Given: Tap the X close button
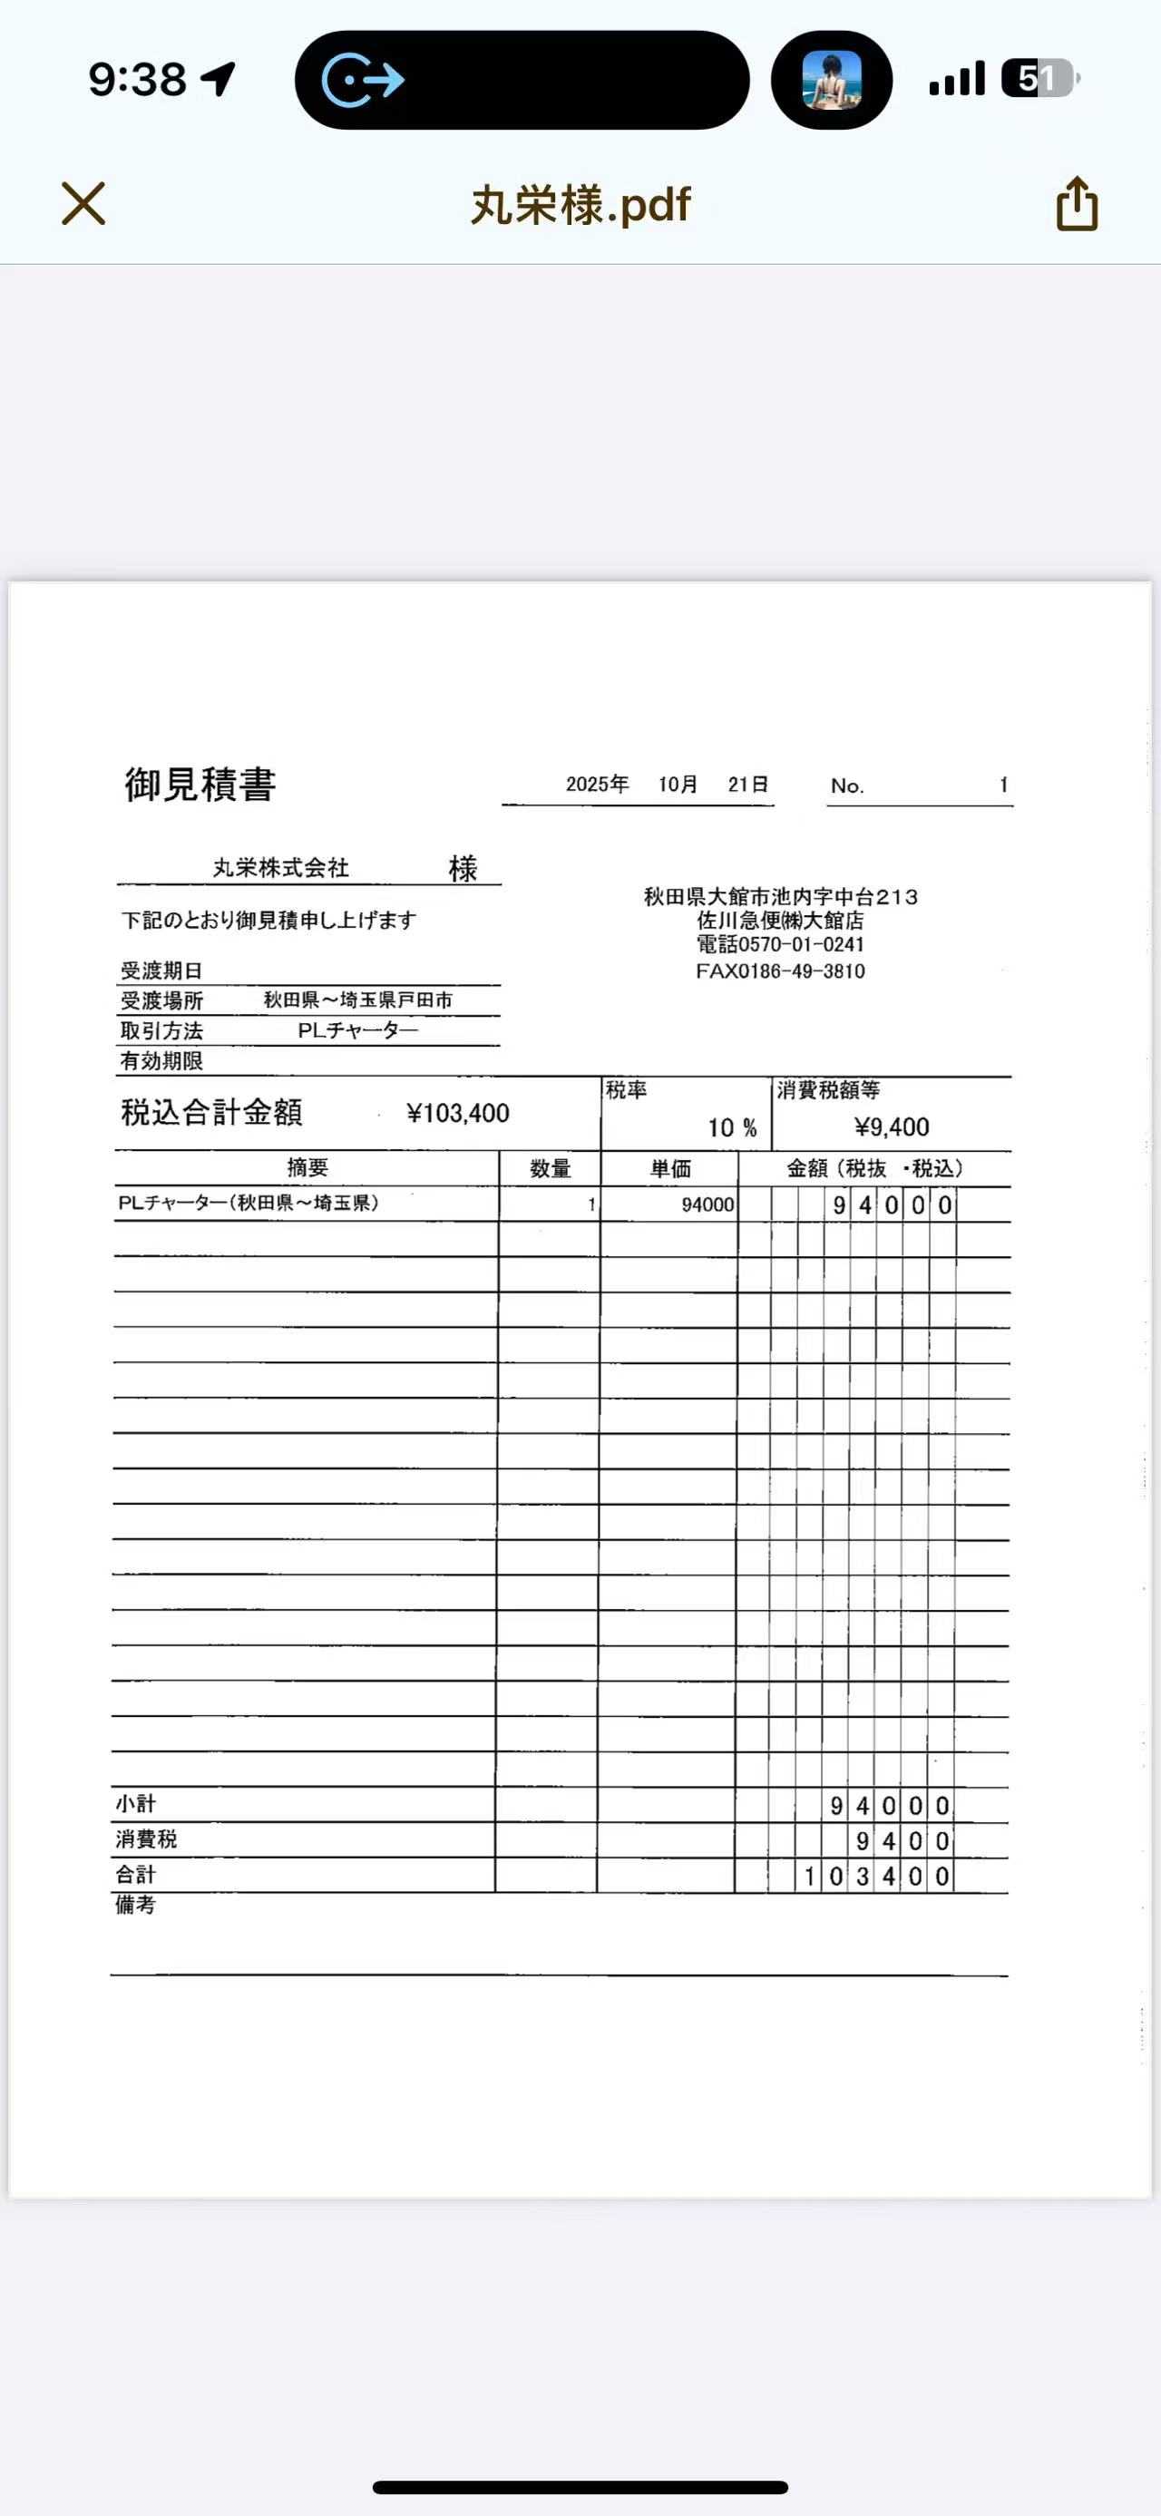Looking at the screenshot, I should [x=83, y=204].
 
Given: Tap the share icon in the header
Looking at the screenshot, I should [x=1077, y=204].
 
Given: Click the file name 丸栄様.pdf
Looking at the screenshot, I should [x=580, y=205].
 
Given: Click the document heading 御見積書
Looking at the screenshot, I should [x=200, y=785].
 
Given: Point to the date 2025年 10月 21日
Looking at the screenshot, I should [x=666, y=785].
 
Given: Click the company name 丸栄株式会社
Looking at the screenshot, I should [x=281, y=867].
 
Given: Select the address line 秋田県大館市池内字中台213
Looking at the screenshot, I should [x=780, y=897].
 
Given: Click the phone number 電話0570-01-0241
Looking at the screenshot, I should [x=780, y=944].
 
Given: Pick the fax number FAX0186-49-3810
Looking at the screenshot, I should [x=780, y=970].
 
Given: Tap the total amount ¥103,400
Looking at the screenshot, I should [x=457, y=1114].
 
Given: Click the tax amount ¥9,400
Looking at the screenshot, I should [x=892, y=1127].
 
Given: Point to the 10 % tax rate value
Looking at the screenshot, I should [x=731, y=1128].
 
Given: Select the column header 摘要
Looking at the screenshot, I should [x=307, y=1168].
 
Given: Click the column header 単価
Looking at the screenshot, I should [x=671, y=1169].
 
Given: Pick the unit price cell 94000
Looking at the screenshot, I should [x=707, y=1204].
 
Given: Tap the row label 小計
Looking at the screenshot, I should [x=136, y=1804].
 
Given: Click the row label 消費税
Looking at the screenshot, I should [x=146, y=1839].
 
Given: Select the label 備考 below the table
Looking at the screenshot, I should [x=136, y=1905].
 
